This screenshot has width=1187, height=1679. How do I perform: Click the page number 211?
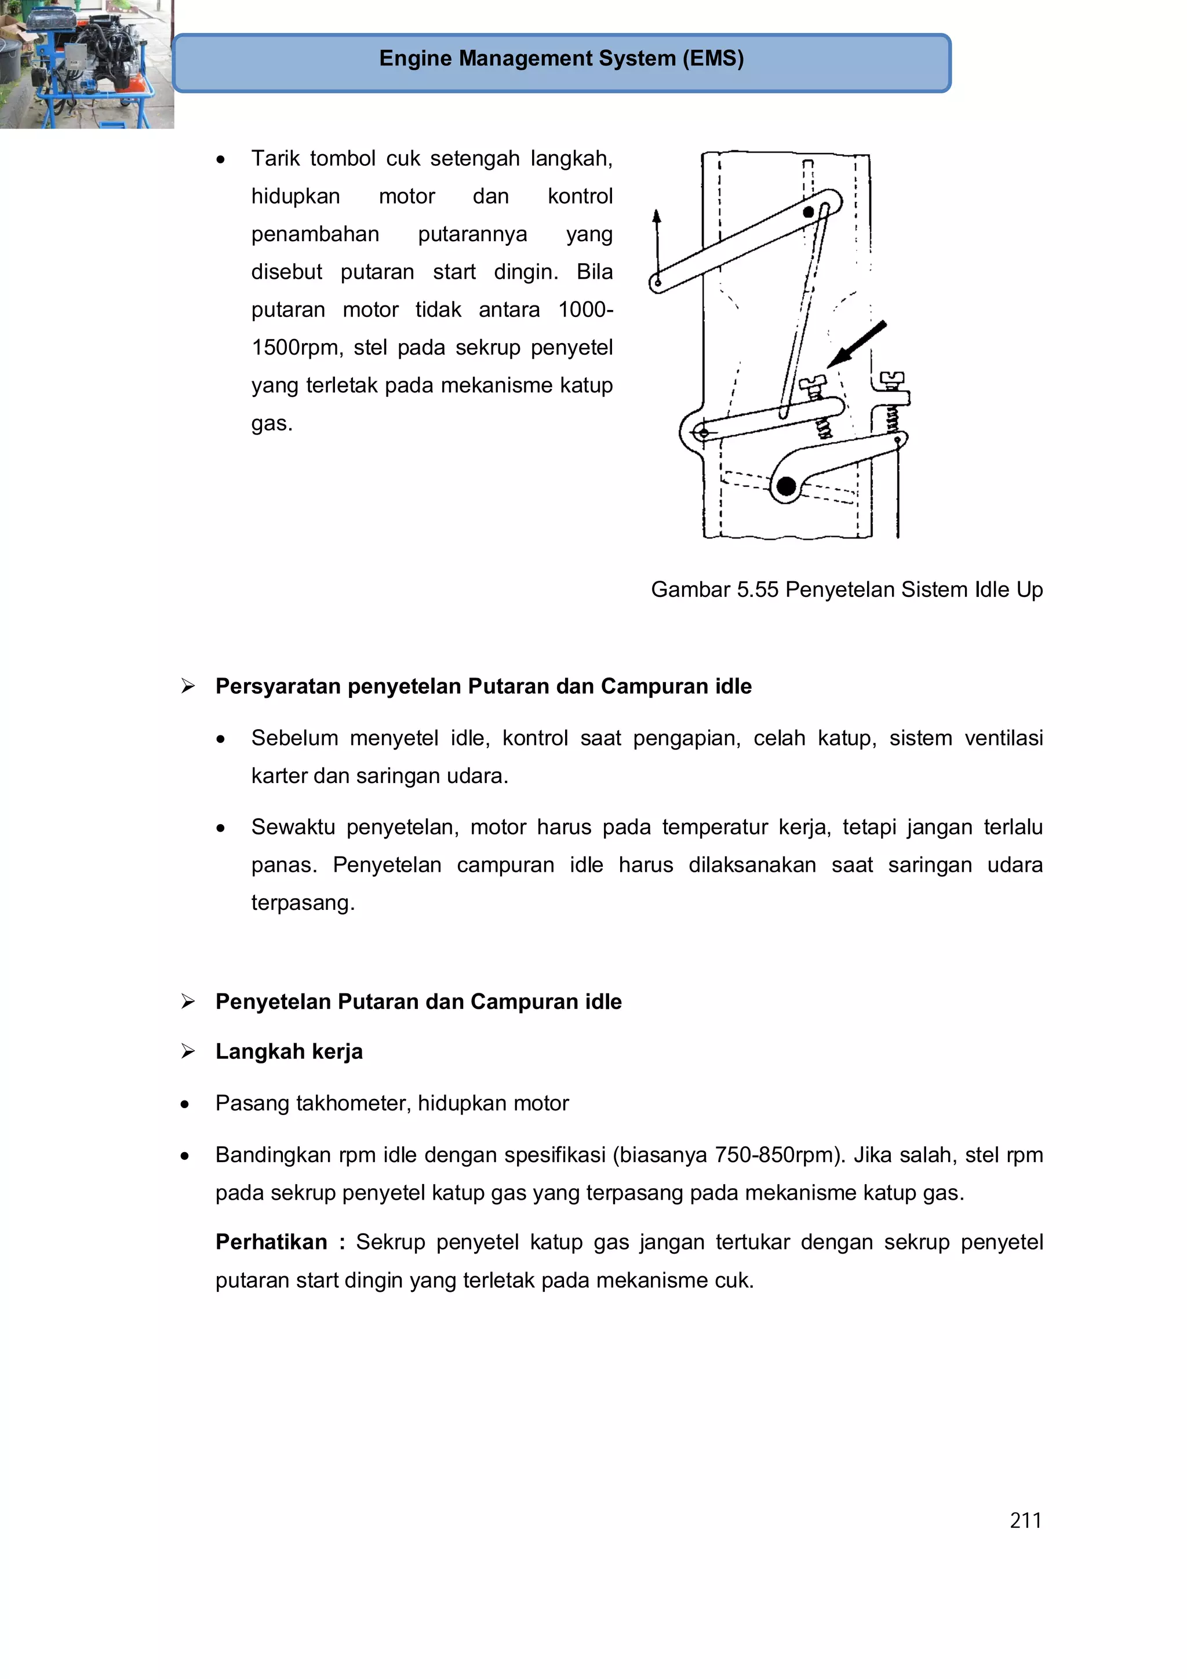tap(1025, 1520)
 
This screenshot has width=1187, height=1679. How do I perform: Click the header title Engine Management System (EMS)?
tap(561, 59)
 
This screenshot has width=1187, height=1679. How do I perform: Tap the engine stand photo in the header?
tap(86, 64)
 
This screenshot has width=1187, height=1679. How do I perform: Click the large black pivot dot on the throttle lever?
tap(787, 486)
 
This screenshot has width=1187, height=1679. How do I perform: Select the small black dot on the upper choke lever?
tap(808, 212)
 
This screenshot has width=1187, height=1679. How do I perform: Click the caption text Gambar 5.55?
tap(714, 589)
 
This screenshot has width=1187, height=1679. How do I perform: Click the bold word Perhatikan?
tap(271, 1241)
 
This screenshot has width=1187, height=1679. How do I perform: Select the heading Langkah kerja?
tap(289, 1051)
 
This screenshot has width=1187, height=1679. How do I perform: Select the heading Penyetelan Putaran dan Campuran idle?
tap(418, 1001)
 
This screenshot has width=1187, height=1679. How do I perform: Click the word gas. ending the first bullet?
tap(271, 424)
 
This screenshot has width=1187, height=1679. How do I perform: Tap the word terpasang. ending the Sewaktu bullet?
tap(303, 902)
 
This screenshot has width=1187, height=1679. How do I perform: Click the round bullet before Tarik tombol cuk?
tap(220, 159)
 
